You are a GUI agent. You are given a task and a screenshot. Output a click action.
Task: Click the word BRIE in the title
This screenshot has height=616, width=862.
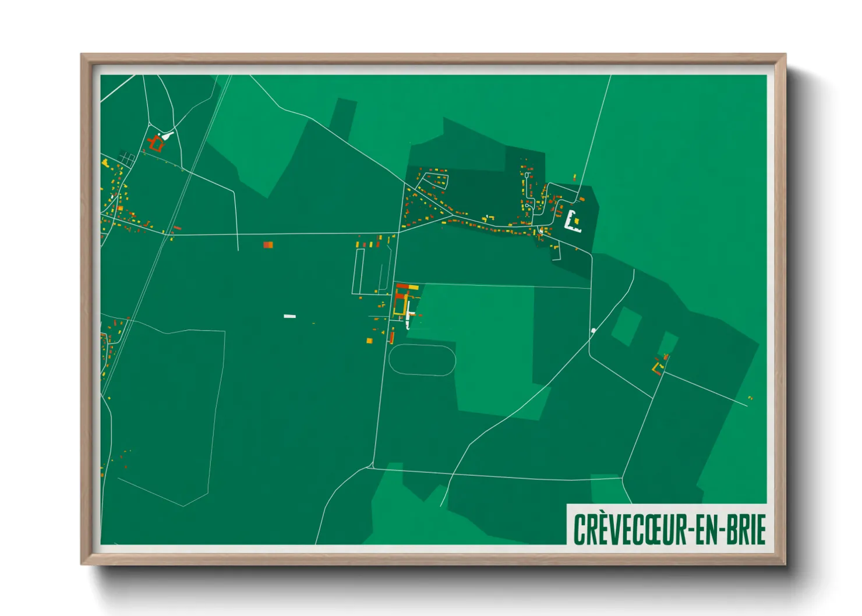746,529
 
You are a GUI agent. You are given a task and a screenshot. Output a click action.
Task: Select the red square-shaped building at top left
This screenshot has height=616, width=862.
156,144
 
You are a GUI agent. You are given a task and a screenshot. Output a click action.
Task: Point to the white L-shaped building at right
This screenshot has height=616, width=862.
573,222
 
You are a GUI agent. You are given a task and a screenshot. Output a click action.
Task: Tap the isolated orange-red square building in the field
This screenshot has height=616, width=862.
268,245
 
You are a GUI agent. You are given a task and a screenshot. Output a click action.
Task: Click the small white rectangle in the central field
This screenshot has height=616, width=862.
289,316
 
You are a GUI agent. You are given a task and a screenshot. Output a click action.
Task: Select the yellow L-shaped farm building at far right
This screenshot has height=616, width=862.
657,368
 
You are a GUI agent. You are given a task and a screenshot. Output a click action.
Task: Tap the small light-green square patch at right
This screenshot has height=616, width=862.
626,326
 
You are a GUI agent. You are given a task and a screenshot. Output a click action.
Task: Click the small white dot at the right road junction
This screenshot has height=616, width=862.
593,331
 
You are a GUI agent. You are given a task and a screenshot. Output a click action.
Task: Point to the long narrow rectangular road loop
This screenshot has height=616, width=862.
358,271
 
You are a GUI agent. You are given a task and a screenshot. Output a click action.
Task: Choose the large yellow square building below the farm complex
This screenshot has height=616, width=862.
369,341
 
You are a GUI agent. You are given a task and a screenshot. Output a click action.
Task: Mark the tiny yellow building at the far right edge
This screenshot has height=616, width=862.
750,398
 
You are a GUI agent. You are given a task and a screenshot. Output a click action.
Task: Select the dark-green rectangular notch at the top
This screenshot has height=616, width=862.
344,114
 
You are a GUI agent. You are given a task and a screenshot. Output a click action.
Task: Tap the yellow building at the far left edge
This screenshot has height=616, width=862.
105,163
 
